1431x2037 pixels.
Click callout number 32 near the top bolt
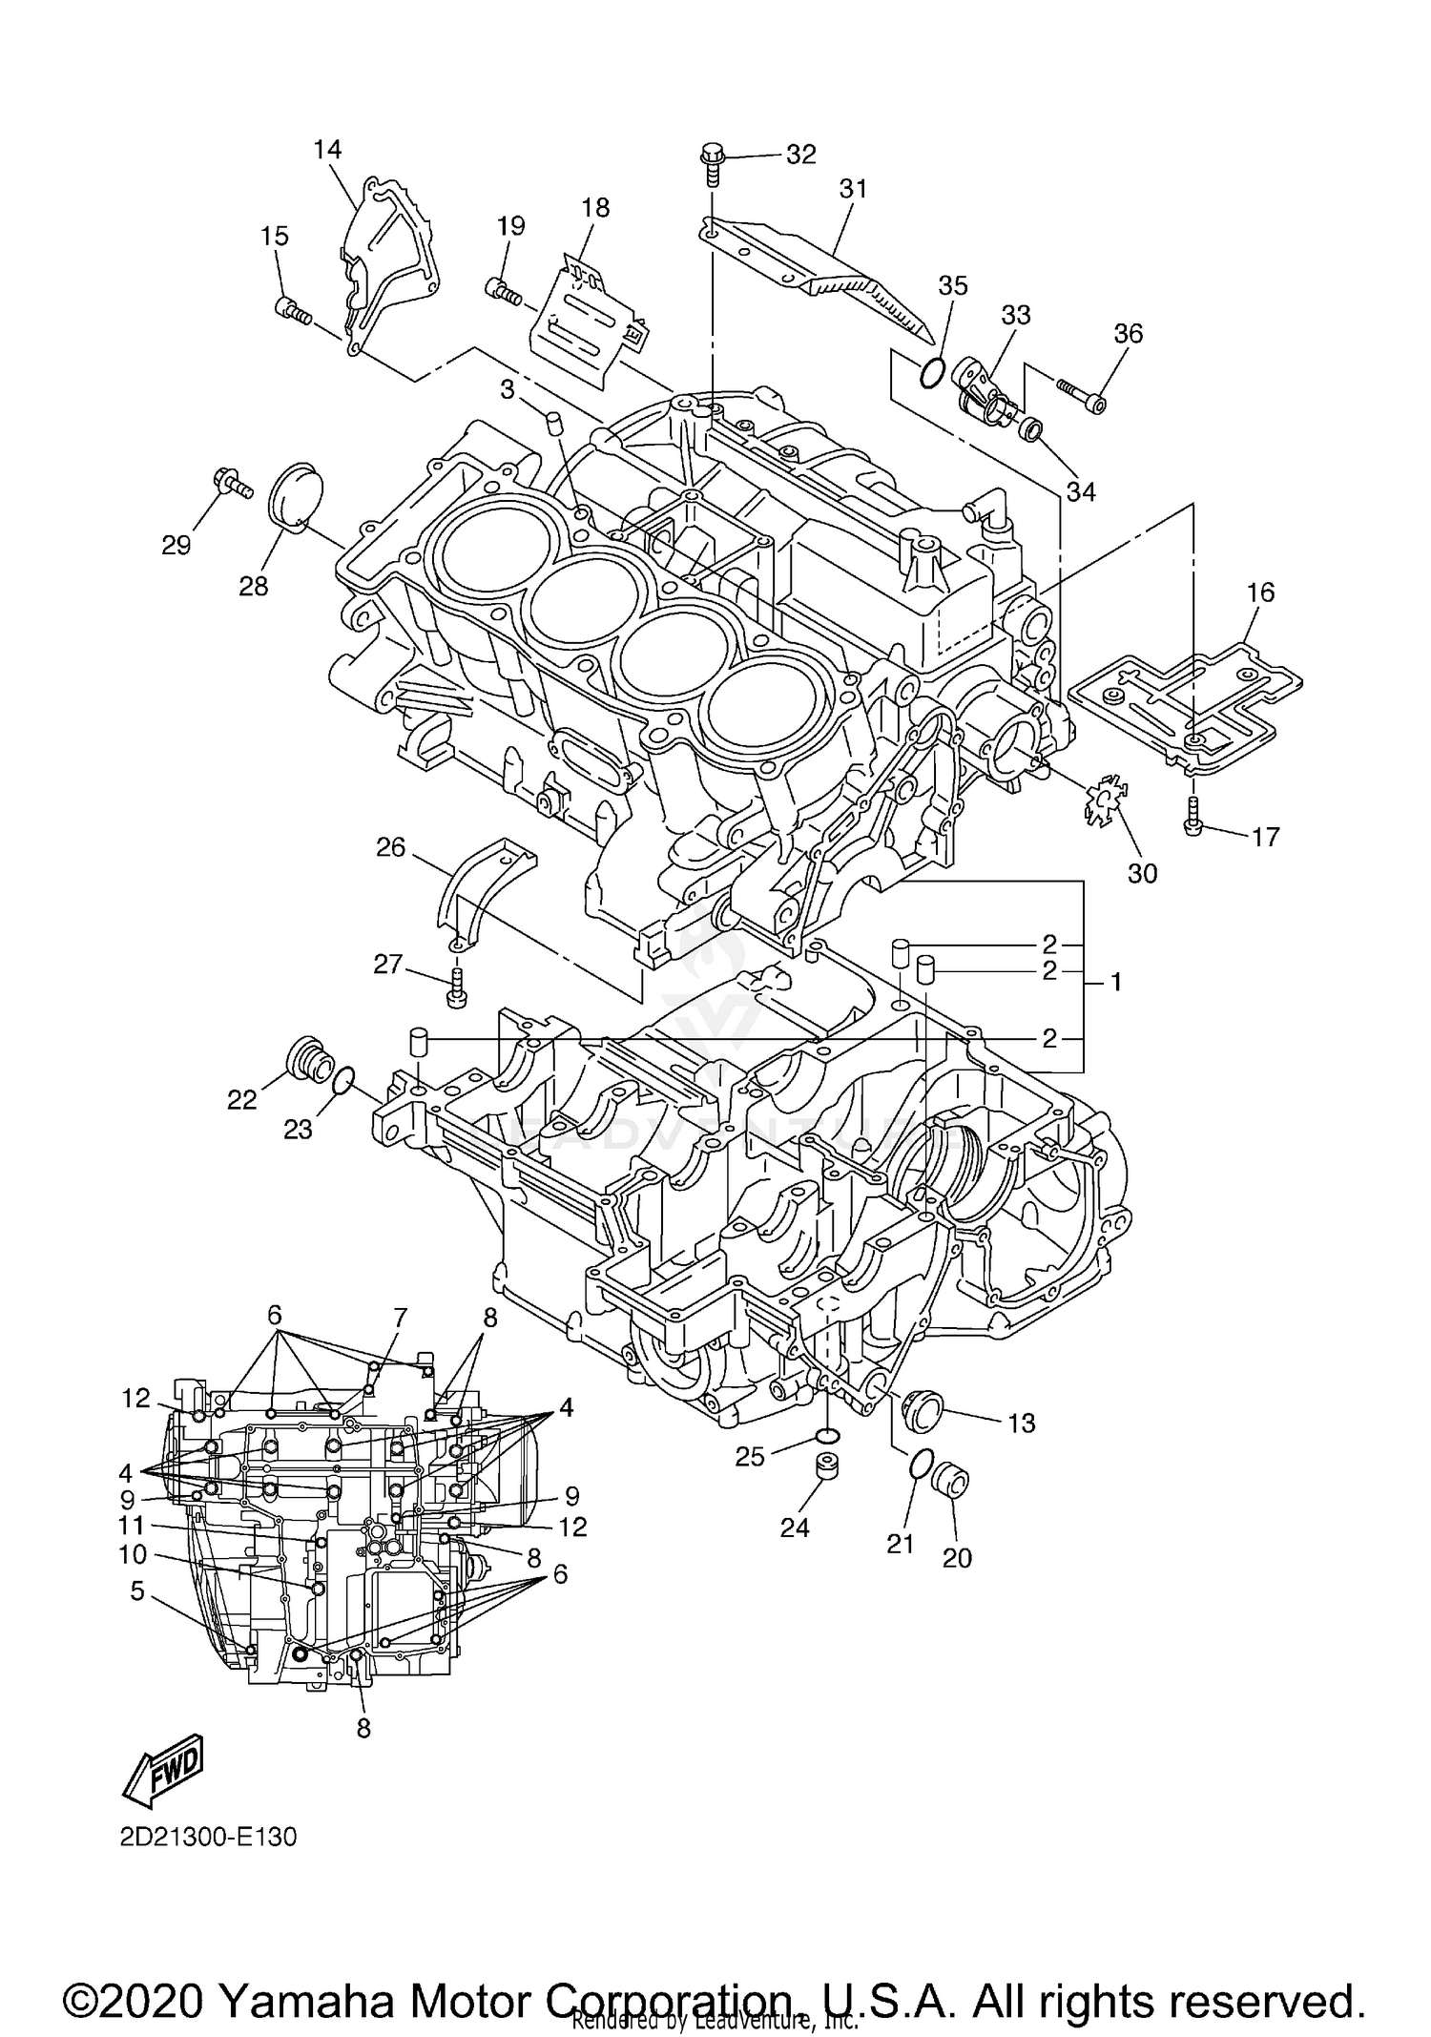click(800, 155)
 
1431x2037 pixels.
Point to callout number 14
click(326, 149)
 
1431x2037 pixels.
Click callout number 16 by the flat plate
click(1260, 592)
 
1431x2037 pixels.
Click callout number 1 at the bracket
click(1115, 982)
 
